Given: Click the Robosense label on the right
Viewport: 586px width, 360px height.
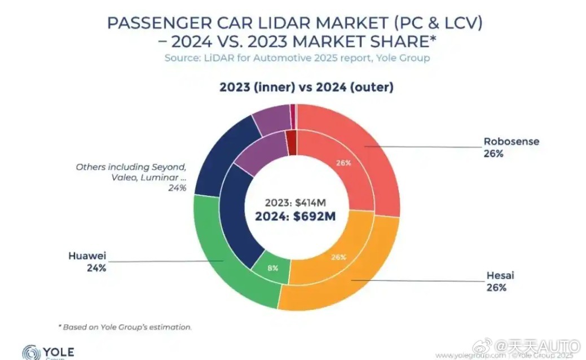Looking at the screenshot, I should (x=511, y=141).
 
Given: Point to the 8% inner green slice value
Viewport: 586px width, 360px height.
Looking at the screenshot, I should (x=272, y=268).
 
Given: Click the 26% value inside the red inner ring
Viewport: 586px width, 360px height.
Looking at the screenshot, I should (x=344, y=163).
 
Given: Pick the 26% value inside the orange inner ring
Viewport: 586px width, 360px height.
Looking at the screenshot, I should (x=338, y=257).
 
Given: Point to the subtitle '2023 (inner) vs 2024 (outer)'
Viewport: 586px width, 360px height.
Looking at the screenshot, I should (x=306, y=87).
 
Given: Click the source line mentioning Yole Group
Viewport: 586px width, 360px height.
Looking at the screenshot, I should (x=297, y=58).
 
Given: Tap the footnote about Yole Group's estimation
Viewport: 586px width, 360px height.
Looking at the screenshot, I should (x=125, y=327).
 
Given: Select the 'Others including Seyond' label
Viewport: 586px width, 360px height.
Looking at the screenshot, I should (x=131, y=168).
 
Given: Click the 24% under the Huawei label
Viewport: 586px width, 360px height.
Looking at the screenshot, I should (x=96, y=268).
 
